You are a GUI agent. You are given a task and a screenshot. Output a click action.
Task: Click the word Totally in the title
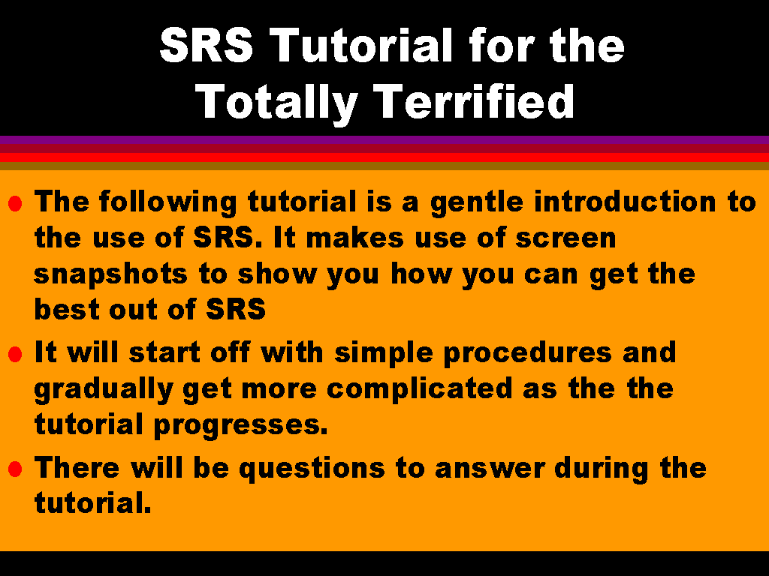(276, 102)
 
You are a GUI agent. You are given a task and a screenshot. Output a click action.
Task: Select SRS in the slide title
(206, 44)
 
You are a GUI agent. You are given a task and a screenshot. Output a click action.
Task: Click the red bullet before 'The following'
(15, 203)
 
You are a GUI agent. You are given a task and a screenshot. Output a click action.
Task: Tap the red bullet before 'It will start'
(15, 354)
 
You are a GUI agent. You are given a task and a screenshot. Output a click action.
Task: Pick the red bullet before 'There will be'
(15, 469)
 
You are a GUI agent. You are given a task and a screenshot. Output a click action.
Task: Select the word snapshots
(111, 275)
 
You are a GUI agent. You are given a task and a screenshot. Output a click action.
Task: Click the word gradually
(104, 390)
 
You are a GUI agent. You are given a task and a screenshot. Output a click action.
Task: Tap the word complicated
(420, 390)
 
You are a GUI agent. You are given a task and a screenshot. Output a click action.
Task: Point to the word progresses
(241, 426)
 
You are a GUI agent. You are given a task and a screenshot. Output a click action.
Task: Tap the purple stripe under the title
(384, 139)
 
